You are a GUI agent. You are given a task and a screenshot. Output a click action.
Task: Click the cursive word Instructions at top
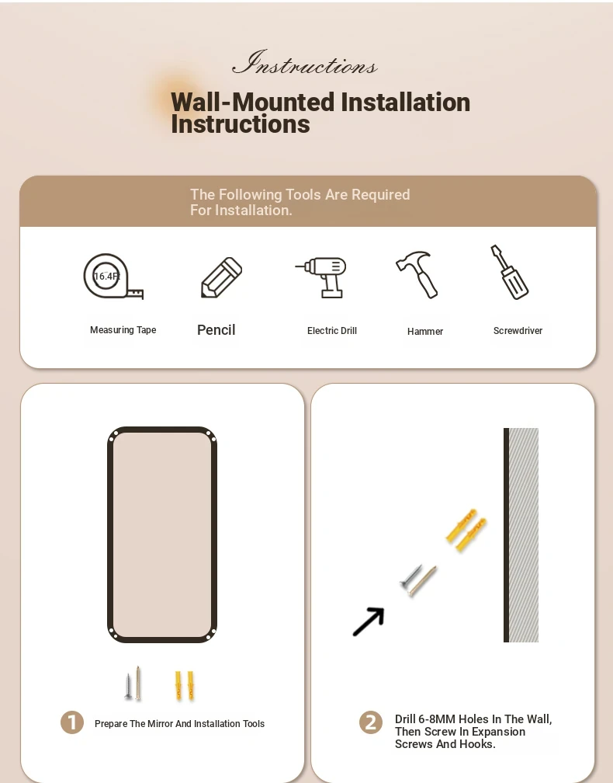coord(305,63)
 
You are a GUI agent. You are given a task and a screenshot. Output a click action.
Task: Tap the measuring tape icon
coord(113,277)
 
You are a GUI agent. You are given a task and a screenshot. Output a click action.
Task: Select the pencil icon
coord(221,277)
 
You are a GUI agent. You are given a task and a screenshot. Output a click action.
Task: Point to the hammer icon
coord(417,274)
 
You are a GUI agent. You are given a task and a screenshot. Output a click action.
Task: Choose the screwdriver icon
coord(509,272)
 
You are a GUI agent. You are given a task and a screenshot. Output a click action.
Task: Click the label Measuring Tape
coord(123,330)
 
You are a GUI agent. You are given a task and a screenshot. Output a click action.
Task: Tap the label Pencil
coord(216,330)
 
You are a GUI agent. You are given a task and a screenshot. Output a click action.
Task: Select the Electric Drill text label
coord(331,331)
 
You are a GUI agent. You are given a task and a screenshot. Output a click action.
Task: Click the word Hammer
coord(425,331)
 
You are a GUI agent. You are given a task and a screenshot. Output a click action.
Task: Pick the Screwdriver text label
coord(518,331)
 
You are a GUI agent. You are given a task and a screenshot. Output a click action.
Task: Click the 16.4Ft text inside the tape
coord(107,277)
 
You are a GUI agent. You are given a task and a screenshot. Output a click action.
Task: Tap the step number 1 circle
coord(72,722)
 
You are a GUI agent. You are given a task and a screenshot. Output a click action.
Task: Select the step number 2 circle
coord(371,722)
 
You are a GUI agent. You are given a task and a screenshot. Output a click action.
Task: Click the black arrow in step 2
coord(369,621)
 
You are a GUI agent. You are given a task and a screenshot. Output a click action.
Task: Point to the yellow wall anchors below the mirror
coord(184,685)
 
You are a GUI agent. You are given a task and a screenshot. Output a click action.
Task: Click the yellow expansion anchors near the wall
coord(466,530)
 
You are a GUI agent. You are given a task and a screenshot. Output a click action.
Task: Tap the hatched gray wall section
coord(524,534)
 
